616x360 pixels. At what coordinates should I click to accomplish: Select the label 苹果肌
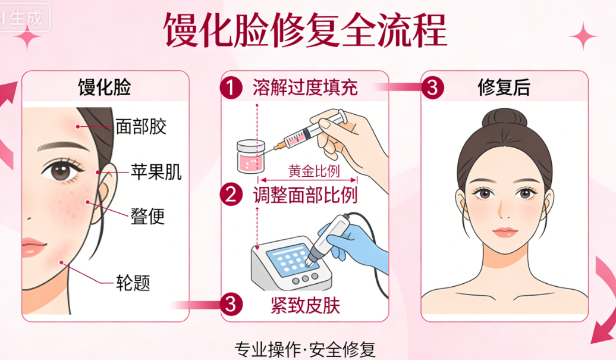(x=156, y=173)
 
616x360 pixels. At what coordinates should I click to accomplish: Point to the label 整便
(x=147, y=215)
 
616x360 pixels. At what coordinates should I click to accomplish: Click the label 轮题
(x=133, y=282)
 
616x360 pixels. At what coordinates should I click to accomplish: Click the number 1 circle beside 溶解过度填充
(x=231, y=88)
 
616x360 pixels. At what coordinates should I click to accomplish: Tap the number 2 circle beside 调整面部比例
(x=231, y=194)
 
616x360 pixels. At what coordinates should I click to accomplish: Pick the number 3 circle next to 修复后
(x=432, y=88)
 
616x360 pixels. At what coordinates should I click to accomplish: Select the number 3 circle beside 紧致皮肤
(x=231, y=304)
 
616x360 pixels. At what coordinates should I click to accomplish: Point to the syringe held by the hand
(x=309, y=132)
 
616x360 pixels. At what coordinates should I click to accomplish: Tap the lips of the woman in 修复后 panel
(x=504, y=231)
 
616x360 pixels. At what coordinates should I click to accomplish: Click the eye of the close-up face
(x=61, y=171)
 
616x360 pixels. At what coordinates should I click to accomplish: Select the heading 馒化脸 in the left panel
(x=105, y=88)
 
